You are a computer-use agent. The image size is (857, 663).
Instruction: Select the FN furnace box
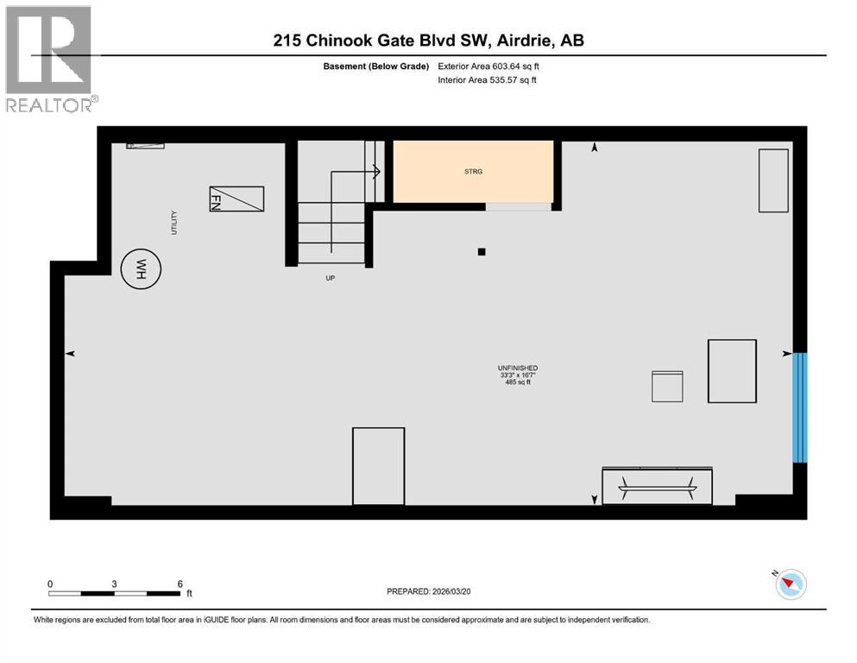(x=236, y=199)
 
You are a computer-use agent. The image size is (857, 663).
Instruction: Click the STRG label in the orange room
(x=473, y=172)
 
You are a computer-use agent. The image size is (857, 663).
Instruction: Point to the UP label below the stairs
(x=330, y=279)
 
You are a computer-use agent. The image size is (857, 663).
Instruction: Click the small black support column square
(x=482, y=252)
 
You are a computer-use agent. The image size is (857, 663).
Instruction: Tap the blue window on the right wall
(x=800, y=407)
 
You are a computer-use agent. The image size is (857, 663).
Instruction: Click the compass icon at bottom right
(x=789, y=584)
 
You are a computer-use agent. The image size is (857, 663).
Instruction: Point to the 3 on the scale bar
(x=114, y=584)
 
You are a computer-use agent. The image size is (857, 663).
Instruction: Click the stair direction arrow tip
(x=379, y=171)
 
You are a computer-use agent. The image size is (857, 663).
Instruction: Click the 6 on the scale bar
(x=180, y=584)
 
